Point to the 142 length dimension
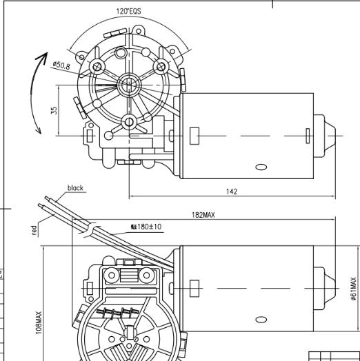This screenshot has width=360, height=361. pos(232,192)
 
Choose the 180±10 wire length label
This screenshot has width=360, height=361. pos(146,226)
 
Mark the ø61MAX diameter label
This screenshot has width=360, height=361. pos(354,289)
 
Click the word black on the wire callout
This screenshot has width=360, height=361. pos(75,187)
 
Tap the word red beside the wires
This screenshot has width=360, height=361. pos(34,230)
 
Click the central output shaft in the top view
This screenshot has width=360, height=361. pos(128,85)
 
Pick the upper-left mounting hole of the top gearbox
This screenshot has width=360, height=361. pos(97,67)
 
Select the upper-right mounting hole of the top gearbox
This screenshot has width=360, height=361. pos(161,67)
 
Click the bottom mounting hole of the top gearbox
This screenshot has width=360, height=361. pos(128,122)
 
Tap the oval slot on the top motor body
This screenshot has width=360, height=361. pos(261,166)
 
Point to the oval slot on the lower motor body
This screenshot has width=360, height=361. pos(261,319)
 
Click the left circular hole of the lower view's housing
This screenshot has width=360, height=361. pos(112,276)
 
